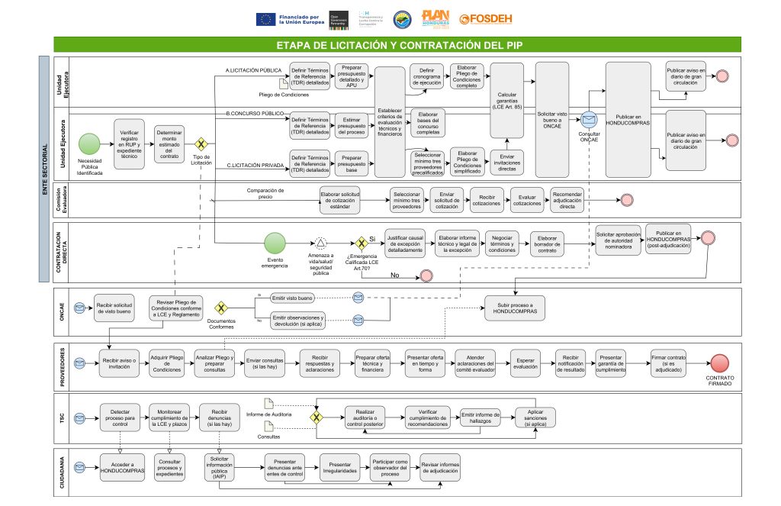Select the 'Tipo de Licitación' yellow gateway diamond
[202, 143]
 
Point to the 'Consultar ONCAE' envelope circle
[589, 120]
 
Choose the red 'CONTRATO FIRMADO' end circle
[719, 363]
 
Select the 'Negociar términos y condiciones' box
[502, 243]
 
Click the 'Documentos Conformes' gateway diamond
[221, 308]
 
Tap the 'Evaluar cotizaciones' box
[527, 199]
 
